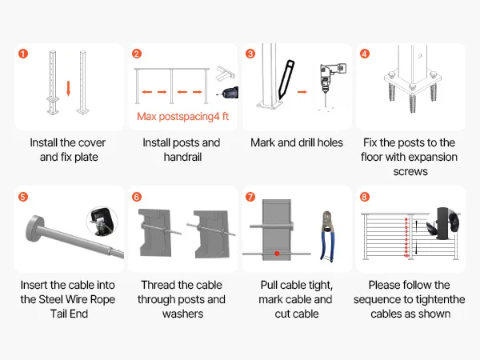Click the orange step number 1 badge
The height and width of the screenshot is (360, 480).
23,54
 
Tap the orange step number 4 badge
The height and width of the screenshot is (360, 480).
364,54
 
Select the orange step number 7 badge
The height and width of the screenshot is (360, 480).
250,197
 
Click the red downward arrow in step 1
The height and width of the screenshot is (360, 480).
68,88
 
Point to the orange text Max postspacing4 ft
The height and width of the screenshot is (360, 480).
182,116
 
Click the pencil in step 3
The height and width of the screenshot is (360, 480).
286,79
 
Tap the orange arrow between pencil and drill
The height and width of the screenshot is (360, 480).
302,91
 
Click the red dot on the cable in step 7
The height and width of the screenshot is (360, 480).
277,254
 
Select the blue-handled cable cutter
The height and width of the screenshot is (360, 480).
327,236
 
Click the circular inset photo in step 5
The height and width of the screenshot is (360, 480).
102,222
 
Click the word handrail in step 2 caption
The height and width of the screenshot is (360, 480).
182,157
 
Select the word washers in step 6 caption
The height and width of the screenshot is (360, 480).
182,314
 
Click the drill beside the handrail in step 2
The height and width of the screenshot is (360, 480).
228,93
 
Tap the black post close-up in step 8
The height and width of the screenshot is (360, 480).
443,223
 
